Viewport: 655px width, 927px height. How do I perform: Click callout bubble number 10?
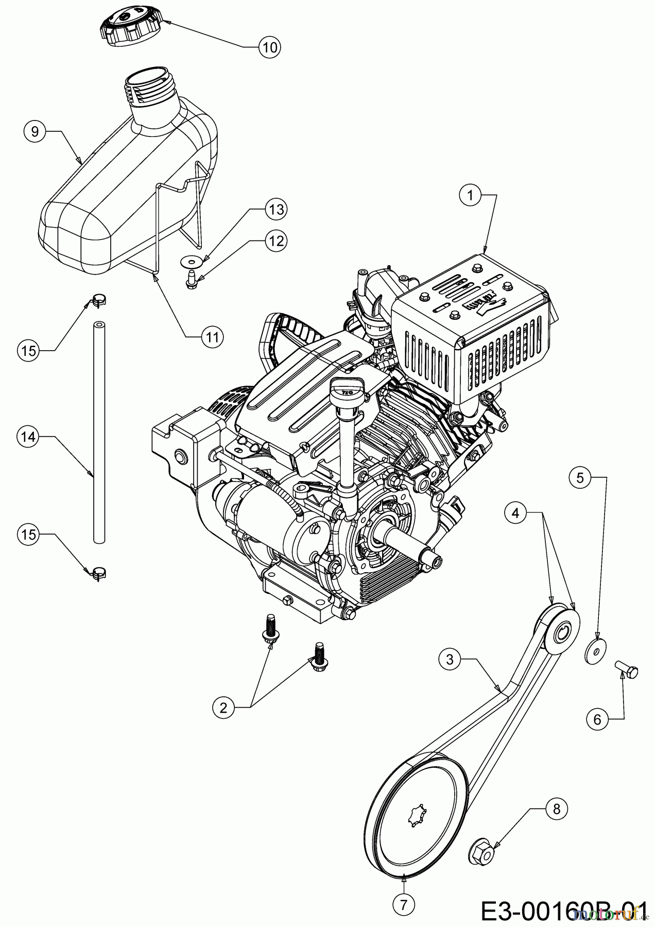tap(269, 47)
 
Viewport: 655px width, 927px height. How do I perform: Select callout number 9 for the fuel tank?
tap(35, 131)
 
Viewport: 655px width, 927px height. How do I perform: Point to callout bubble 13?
tap(276, 209)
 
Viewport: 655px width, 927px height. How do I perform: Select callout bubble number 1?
tap(469, 195)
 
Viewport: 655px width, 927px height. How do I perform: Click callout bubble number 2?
tap(223, 708)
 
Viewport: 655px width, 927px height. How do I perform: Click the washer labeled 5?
tap(595, 650)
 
